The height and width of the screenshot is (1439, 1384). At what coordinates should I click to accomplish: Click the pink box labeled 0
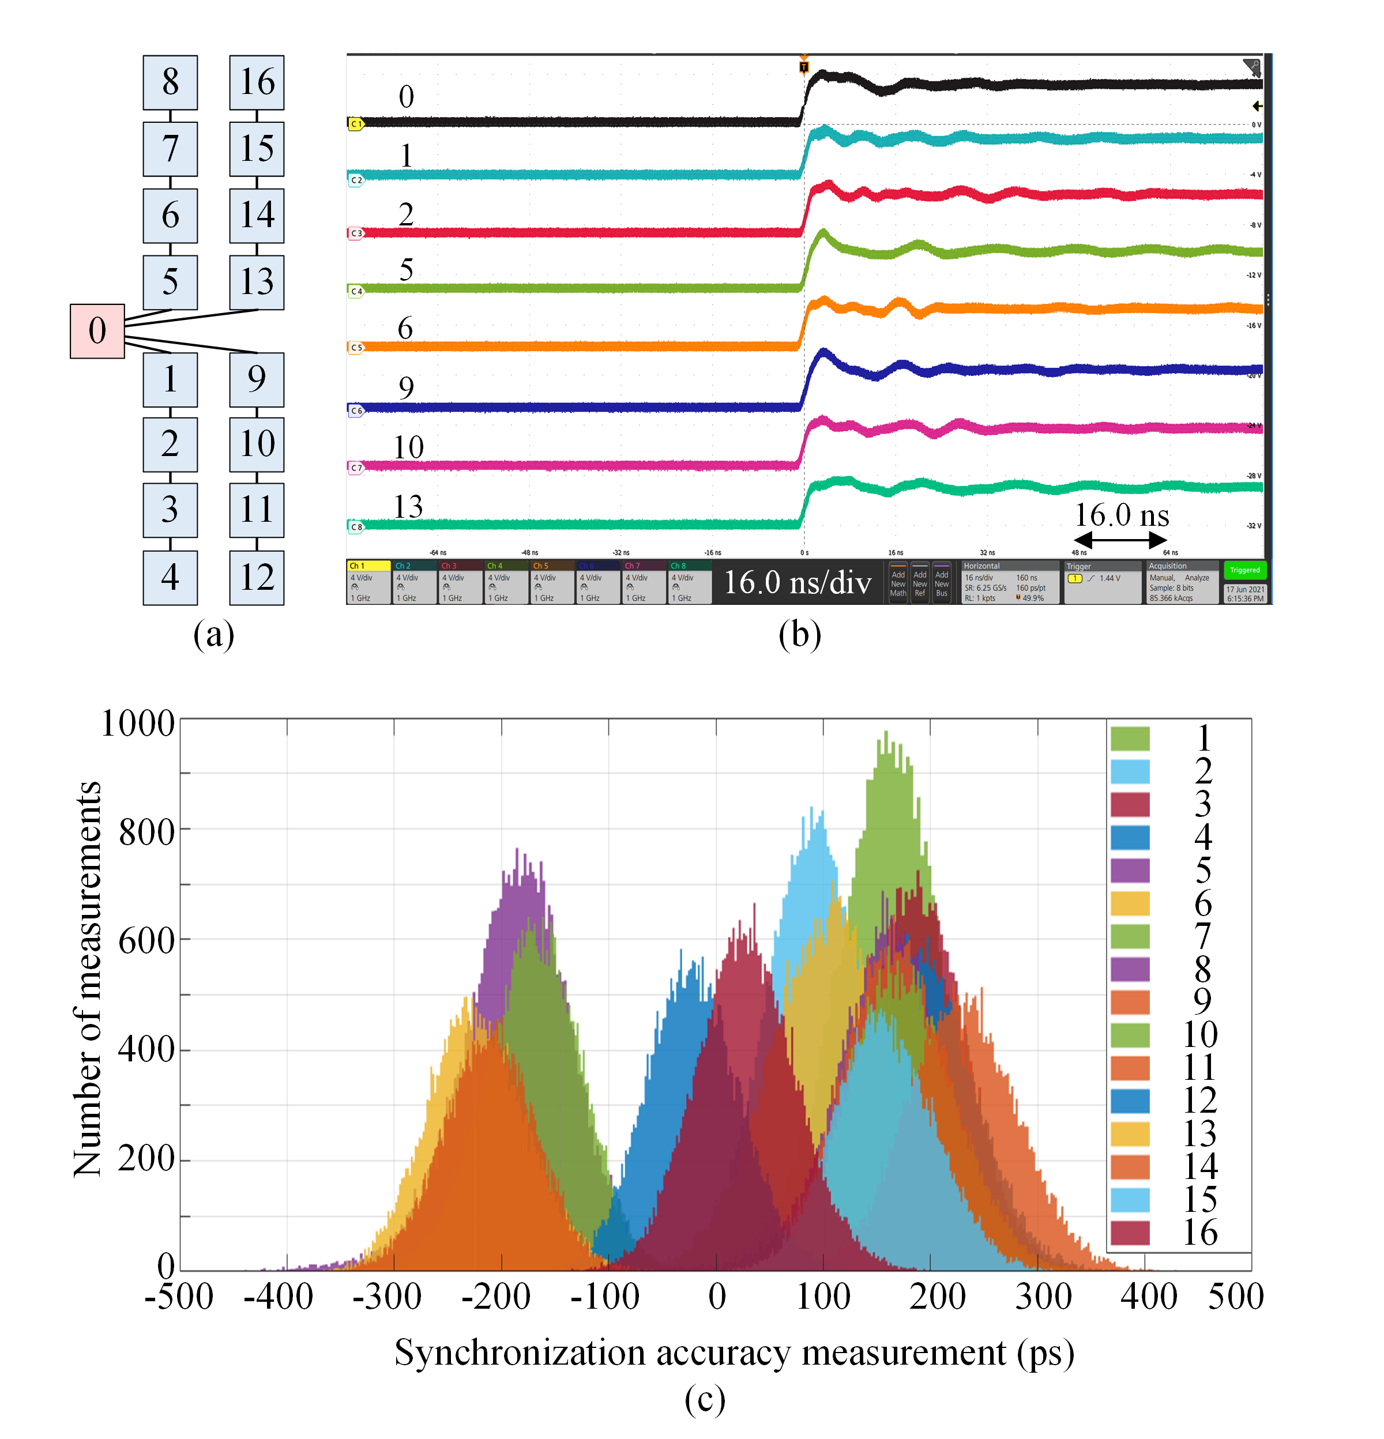pos(97,331)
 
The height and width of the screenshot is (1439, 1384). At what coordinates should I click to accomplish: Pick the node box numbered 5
pos(170,282)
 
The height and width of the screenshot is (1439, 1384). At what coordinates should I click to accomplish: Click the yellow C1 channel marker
pos(355,124)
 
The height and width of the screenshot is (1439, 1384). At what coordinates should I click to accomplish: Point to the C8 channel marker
pos(355,526)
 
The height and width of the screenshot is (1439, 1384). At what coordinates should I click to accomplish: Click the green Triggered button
pos(1244,570)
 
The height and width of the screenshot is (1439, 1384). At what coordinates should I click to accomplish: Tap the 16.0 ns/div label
pos(798,582)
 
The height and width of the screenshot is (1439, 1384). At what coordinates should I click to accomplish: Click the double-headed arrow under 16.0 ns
pos(1120,540)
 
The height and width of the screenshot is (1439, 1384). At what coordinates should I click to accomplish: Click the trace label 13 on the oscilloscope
pos(408,507)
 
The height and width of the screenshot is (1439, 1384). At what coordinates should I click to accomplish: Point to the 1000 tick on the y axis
pos(137,724)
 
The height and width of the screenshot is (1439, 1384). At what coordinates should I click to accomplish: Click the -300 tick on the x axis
pos(387,1297)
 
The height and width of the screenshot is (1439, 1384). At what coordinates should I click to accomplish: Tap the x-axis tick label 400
pos(1149,1297)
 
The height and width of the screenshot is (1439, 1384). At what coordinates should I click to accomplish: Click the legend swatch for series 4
pos(1130,837)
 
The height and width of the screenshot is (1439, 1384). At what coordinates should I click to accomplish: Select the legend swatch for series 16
pos(1130,1233)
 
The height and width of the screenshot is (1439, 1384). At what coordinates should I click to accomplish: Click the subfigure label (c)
pos(705,1399)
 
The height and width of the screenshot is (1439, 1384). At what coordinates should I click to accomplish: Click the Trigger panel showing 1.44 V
pos(1102,582)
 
